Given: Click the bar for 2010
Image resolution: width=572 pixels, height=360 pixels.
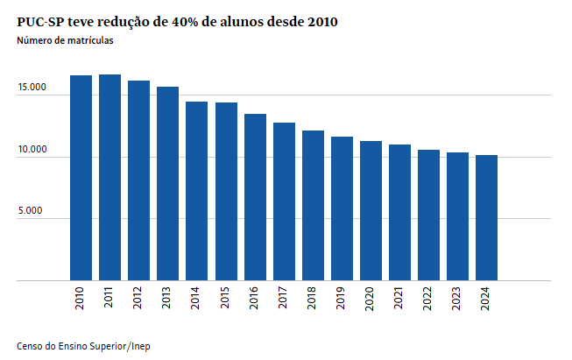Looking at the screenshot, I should click(x=81, y=179).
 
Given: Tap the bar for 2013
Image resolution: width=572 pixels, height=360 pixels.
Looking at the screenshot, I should click(x=167, y=184).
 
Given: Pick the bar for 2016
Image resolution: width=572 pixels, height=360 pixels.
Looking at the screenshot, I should click(x=255, y=198).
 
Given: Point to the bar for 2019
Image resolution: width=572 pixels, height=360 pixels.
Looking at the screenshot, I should click(x=342, y=209).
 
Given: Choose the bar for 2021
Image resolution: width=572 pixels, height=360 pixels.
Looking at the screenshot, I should click(x=399, y=213).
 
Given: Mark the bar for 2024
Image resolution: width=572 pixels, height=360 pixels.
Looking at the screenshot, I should click(x=487, y=218).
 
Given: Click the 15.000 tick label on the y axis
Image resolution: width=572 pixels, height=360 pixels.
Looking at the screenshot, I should click(x=32, y=88).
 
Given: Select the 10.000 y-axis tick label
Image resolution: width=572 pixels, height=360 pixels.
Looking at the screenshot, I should click(x=32, y=151).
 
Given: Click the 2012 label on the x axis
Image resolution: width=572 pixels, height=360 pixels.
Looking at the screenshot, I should click(x=138, y=299).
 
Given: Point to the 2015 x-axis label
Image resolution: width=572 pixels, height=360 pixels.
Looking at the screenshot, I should click(x=226, y=299).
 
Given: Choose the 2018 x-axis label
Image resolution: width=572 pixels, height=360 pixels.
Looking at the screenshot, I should click(x=313, y=299).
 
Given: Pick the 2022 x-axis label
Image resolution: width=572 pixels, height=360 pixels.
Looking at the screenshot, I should click(x=428, y=299).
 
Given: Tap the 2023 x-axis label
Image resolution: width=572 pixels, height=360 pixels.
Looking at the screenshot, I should click(x=458, y=299).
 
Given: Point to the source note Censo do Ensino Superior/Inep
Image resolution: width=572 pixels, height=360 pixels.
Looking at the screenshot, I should click(x=77, y=347).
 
